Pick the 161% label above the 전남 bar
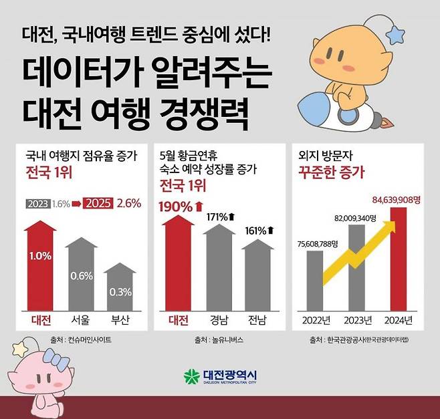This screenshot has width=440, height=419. (257, 230)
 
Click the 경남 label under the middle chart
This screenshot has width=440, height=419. (217, 319)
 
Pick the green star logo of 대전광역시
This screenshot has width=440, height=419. (191, 376)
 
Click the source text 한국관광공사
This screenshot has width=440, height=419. (347, 340)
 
